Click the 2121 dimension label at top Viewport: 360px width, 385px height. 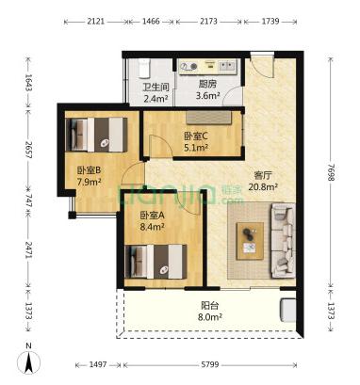(96, 22)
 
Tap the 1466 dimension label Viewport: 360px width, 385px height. (151, 22)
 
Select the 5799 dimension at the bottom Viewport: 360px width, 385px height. (210, 364)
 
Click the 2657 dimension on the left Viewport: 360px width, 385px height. (28, 150)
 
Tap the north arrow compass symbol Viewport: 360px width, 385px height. (29, 361)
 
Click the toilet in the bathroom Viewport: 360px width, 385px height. (144, 69)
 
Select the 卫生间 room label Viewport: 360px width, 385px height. (156, 87)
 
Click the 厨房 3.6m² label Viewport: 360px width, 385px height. (207, 90)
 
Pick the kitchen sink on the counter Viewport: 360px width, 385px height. (227, 66)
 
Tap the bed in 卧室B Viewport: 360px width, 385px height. (96, 135)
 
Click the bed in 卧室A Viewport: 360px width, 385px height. (155, 262)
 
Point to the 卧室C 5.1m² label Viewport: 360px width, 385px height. (196, 141)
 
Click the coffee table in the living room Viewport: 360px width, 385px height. (251, 241)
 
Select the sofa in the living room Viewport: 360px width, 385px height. (283, 241)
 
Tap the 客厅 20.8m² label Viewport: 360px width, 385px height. (263, 181)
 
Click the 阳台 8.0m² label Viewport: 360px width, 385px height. (210, 312)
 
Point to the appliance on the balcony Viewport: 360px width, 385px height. (287, 310)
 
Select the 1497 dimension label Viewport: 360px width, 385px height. (98, 364)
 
